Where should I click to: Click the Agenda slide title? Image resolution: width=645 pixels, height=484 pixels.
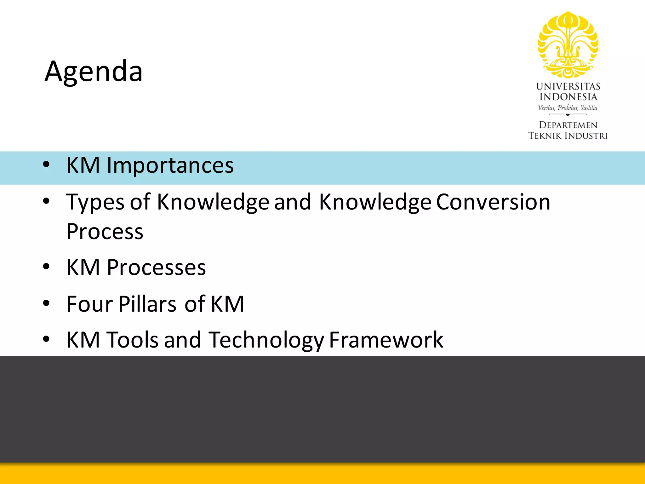point(94,72)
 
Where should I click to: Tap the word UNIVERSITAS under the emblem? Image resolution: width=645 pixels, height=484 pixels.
point(568,86)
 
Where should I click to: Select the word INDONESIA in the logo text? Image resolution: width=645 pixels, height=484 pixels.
point(568,97)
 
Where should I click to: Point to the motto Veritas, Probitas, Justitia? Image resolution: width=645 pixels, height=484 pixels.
point(568,107)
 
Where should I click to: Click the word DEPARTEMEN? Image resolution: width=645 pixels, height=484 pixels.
point(568,125)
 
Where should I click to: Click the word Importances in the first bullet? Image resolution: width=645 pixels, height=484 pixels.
point(170,165)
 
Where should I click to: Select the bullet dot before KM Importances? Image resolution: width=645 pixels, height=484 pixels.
point(46,164)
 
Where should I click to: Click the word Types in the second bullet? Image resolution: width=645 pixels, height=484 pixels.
point(95,202)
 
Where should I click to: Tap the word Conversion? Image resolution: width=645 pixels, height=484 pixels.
point(493,202)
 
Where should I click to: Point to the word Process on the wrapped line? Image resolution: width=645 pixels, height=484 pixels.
point(105,232)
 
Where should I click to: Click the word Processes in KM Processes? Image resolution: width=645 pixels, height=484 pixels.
point(156,268)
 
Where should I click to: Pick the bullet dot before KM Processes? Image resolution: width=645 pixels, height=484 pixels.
point(46,267)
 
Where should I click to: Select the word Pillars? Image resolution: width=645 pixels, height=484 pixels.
point(147,304)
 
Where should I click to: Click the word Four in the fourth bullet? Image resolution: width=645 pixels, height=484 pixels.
point(89,304)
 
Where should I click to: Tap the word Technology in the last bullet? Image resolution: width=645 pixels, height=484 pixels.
point(266,340)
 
